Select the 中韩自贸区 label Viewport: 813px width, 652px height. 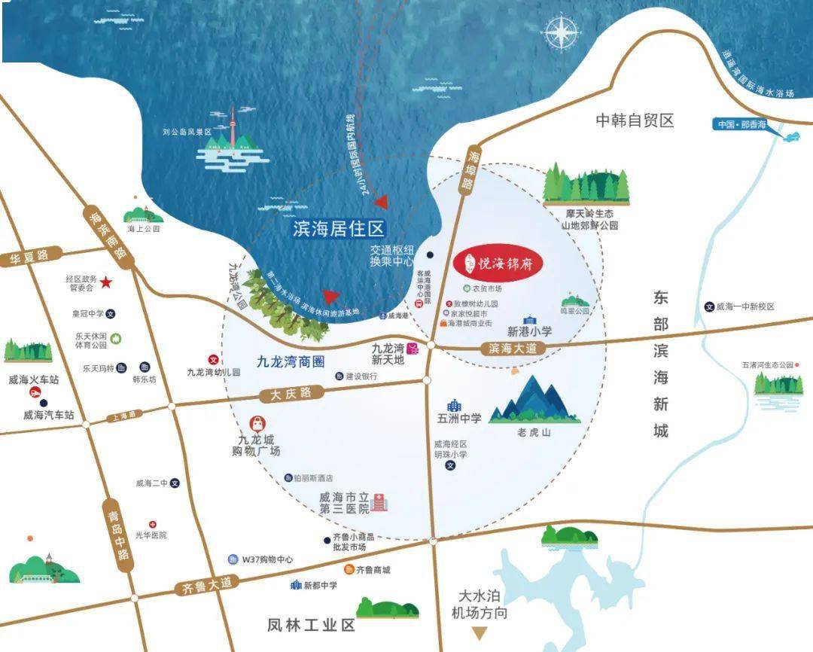point(634,120)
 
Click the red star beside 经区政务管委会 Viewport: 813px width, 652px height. point(106,282)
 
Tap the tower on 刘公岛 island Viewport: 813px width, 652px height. point(233,128)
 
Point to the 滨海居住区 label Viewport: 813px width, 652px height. point(339,229)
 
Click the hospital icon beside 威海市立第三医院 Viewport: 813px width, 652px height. point(379,502)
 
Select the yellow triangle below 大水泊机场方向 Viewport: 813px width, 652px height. point(479,634)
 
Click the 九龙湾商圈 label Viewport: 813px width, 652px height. point(291,361)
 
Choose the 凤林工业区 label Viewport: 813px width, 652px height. point(311,625)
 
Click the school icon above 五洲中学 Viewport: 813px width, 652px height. point(454,405)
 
